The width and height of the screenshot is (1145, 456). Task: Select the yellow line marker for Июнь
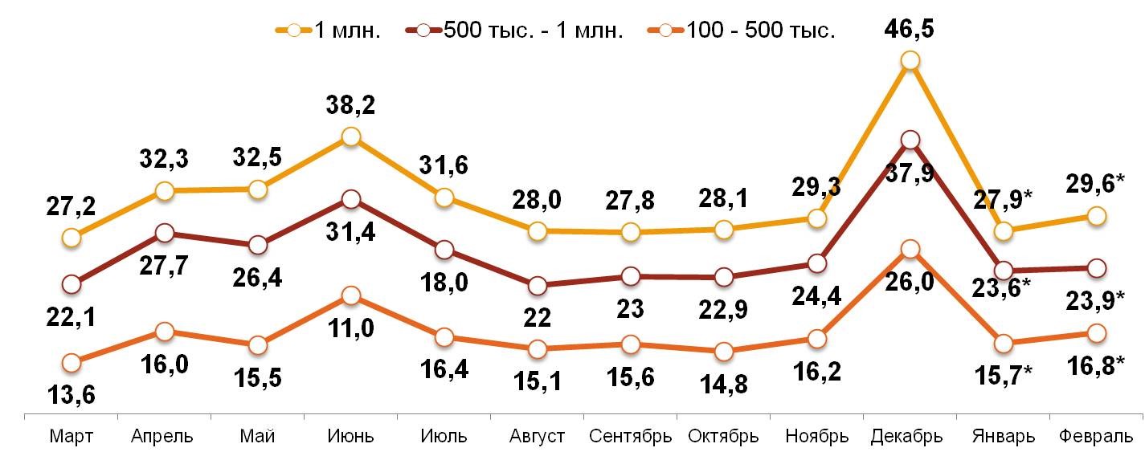pyautogui.click(x=350, y=137)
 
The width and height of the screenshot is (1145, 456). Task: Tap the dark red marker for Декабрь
pyautogui.click(x=910, y=140)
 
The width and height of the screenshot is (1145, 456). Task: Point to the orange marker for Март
pyautogui.click(x=72, y=363)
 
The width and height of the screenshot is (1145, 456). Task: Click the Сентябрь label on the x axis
pyautogui.click(x=630, y=437)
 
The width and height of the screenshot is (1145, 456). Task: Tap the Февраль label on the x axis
pyautogui.click(x=1095, y=437)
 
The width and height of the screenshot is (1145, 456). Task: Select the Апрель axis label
pyautogui.click(x=163, y=437)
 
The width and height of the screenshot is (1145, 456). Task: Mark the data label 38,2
pyautogui.click(x=350, y=105)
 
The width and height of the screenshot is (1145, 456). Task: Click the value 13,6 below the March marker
pyautogui.click(x=72, y=395)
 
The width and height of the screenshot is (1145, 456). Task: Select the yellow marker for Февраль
pyautogui.click(x=1096, y=216)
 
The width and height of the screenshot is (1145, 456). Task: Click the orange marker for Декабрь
pyautogui.click(x=910, y=250)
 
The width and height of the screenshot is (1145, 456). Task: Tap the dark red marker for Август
pyautogui.click(x=537, y=286)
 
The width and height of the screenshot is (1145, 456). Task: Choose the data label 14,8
pyautogui.click(x=723, y=384)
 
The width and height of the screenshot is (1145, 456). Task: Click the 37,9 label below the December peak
pyautogui.click(x=910, y=173)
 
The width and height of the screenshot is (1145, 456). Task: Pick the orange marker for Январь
pyautogui.click(x=1003, y=344)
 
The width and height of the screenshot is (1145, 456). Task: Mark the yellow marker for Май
pyautogui.click(x=257, y=189)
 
